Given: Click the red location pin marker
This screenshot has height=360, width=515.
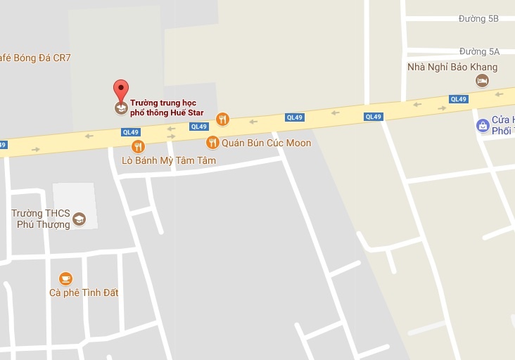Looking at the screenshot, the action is tap(121, 91).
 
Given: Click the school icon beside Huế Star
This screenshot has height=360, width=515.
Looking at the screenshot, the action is tap(121, 108).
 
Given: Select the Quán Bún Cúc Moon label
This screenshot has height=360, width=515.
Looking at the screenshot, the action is tap(266, 143).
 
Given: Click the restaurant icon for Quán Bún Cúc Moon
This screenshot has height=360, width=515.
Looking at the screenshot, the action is tap(212, 143).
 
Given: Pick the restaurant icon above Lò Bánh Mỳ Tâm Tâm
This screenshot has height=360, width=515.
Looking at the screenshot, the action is tap(138, 146).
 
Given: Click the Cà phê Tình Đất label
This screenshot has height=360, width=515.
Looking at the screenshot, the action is tap(84, 292).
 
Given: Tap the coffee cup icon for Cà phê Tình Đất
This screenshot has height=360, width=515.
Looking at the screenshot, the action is tap(65, 278).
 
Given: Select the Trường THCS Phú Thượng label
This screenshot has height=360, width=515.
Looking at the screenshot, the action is tap(41, 219).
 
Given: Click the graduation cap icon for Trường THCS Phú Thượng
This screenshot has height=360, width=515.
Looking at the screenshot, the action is tap(79, 219).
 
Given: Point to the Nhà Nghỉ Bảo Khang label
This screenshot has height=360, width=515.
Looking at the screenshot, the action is tap(452, 67).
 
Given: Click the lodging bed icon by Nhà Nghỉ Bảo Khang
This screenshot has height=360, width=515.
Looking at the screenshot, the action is tap(483, 81).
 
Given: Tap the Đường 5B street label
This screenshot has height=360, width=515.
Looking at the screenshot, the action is tap(478, 19).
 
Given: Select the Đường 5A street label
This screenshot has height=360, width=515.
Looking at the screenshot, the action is tap(479, 51).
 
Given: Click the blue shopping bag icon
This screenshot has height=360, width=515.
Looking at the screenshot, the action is tap(483, 126).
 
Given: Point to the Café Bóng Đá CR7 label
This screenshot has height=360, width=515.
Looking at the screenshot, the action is tap(35, 58).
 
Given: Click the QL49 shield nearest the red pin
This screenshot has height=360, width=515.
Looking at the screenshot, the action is tap(131, 131).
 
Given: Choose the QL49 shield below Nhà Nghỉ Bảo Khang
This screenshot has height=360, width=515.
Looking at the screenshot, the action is tap(459, 99).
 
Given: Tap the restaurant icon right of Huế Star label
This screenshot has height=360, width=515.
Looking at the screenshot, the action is tap(222, 119).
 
